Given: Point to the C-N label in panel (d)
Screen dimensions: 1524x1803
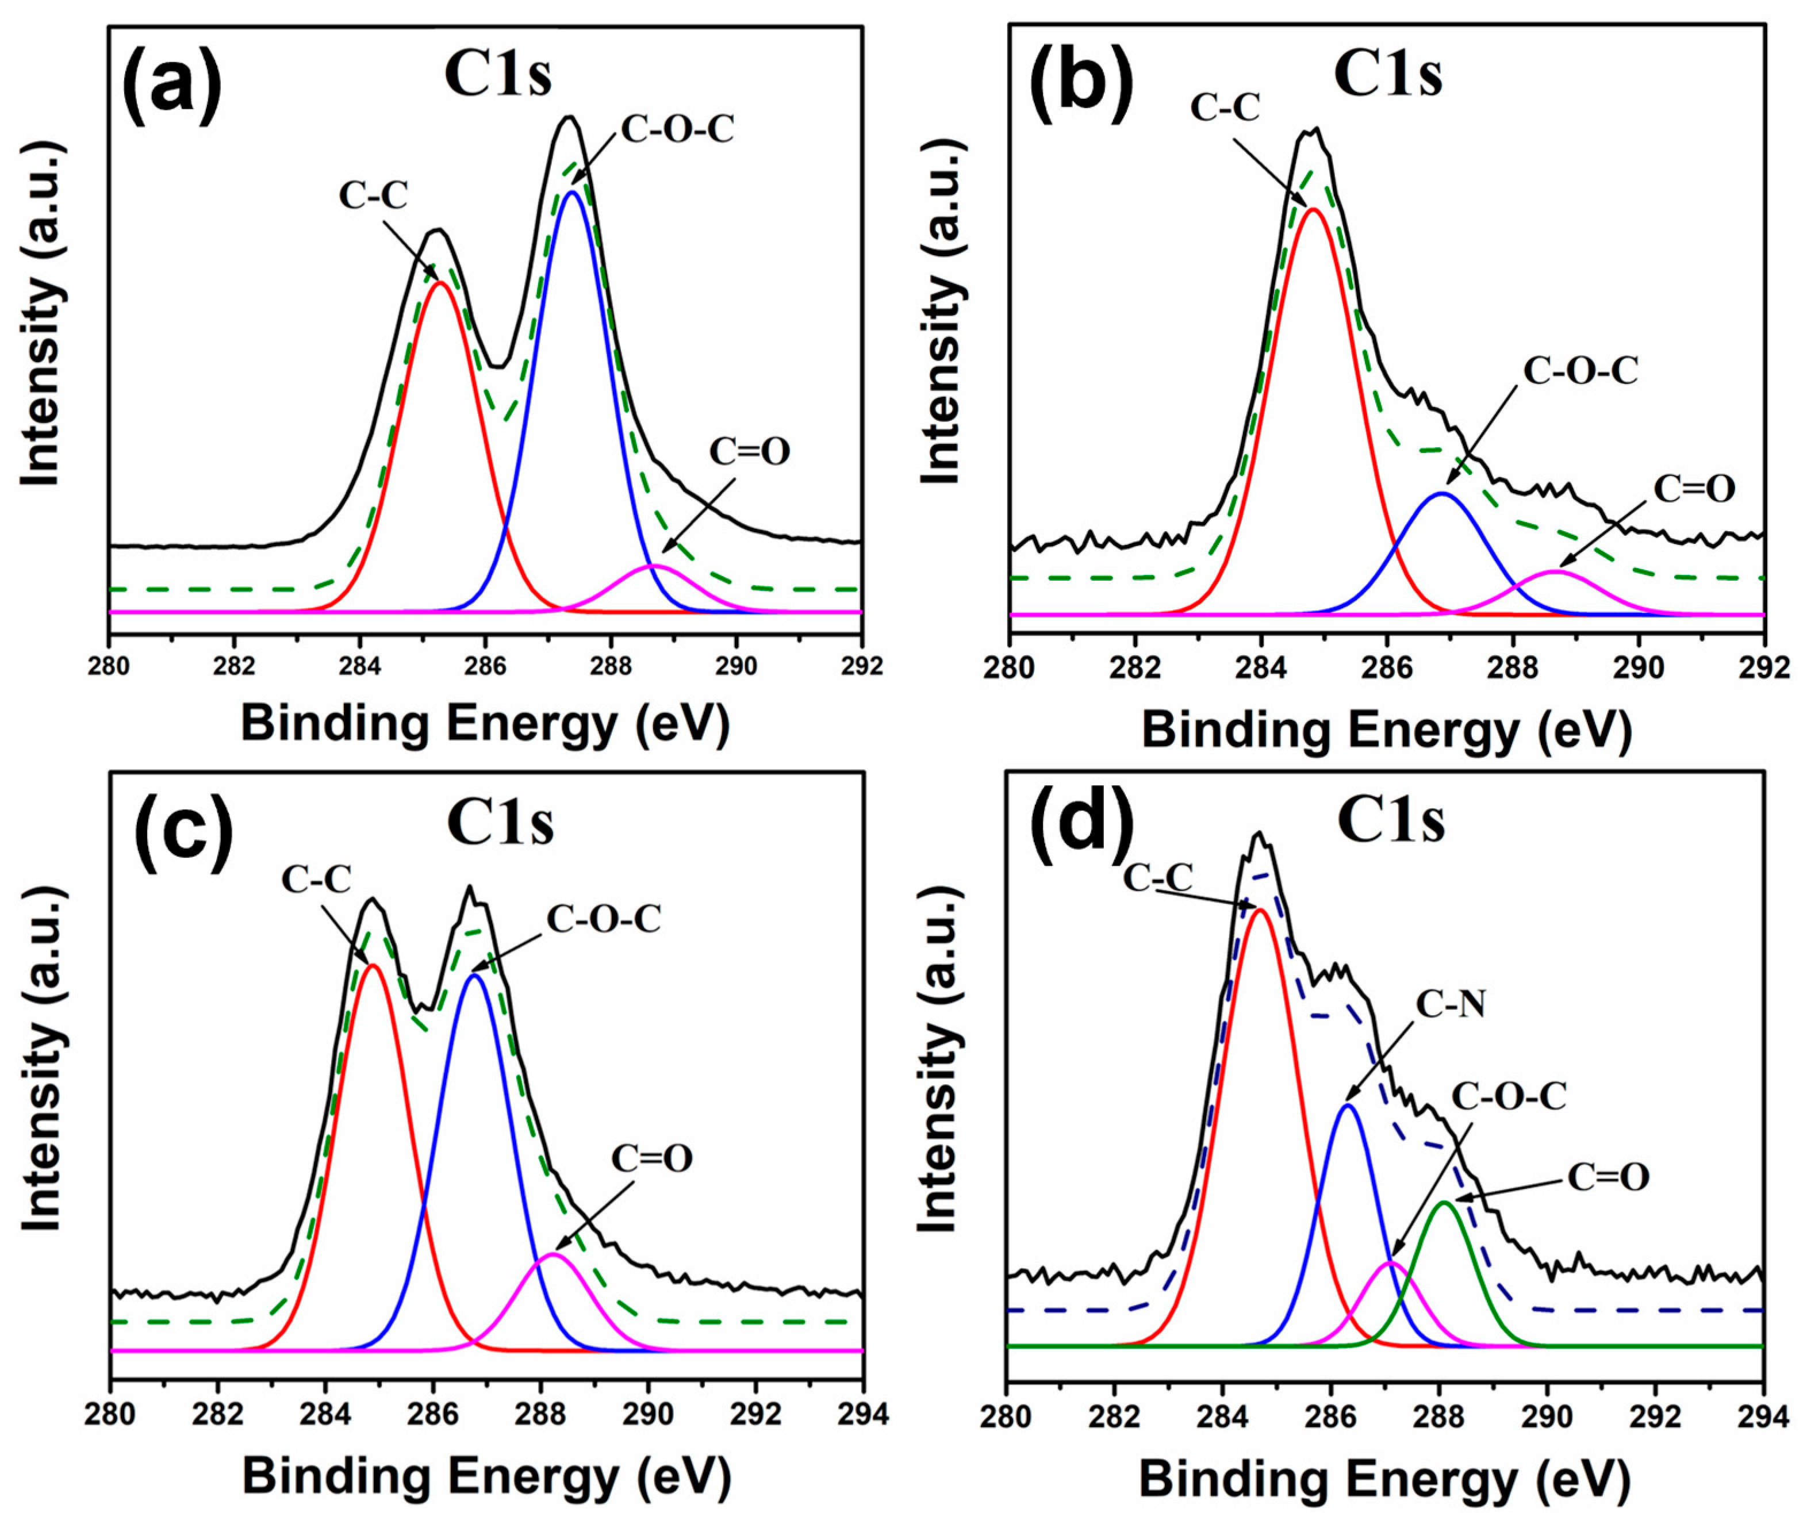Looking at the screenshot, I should click(1449, 1004).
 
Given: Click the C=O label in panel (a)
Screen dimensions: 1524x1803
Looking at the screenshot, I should click(749, 451).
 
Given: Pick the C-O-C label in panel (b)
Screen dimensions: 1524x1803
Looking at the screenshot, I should click(1580, 371).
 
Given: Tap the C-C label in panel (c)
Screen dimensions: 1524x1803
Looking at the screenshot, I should click(316, 880).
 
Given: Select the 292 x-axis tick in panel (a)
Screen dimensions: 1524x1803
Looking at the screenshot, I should click(861, 667).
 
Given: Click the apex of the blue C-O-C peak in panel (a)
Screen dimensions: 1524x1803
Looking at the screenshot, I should click(571, 192).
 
